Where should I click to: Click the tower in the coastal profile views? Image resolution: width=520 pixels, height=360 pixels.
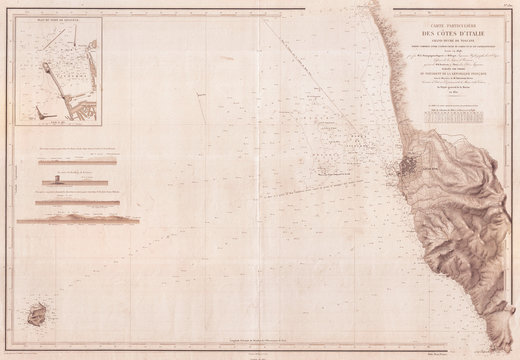coord(55,182)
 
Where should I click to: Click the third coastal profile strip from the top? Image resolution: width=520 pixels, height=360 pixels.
coord(76,201)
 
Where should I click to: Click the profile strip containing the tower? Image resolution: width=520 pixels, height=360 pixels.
coord(76,183)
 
